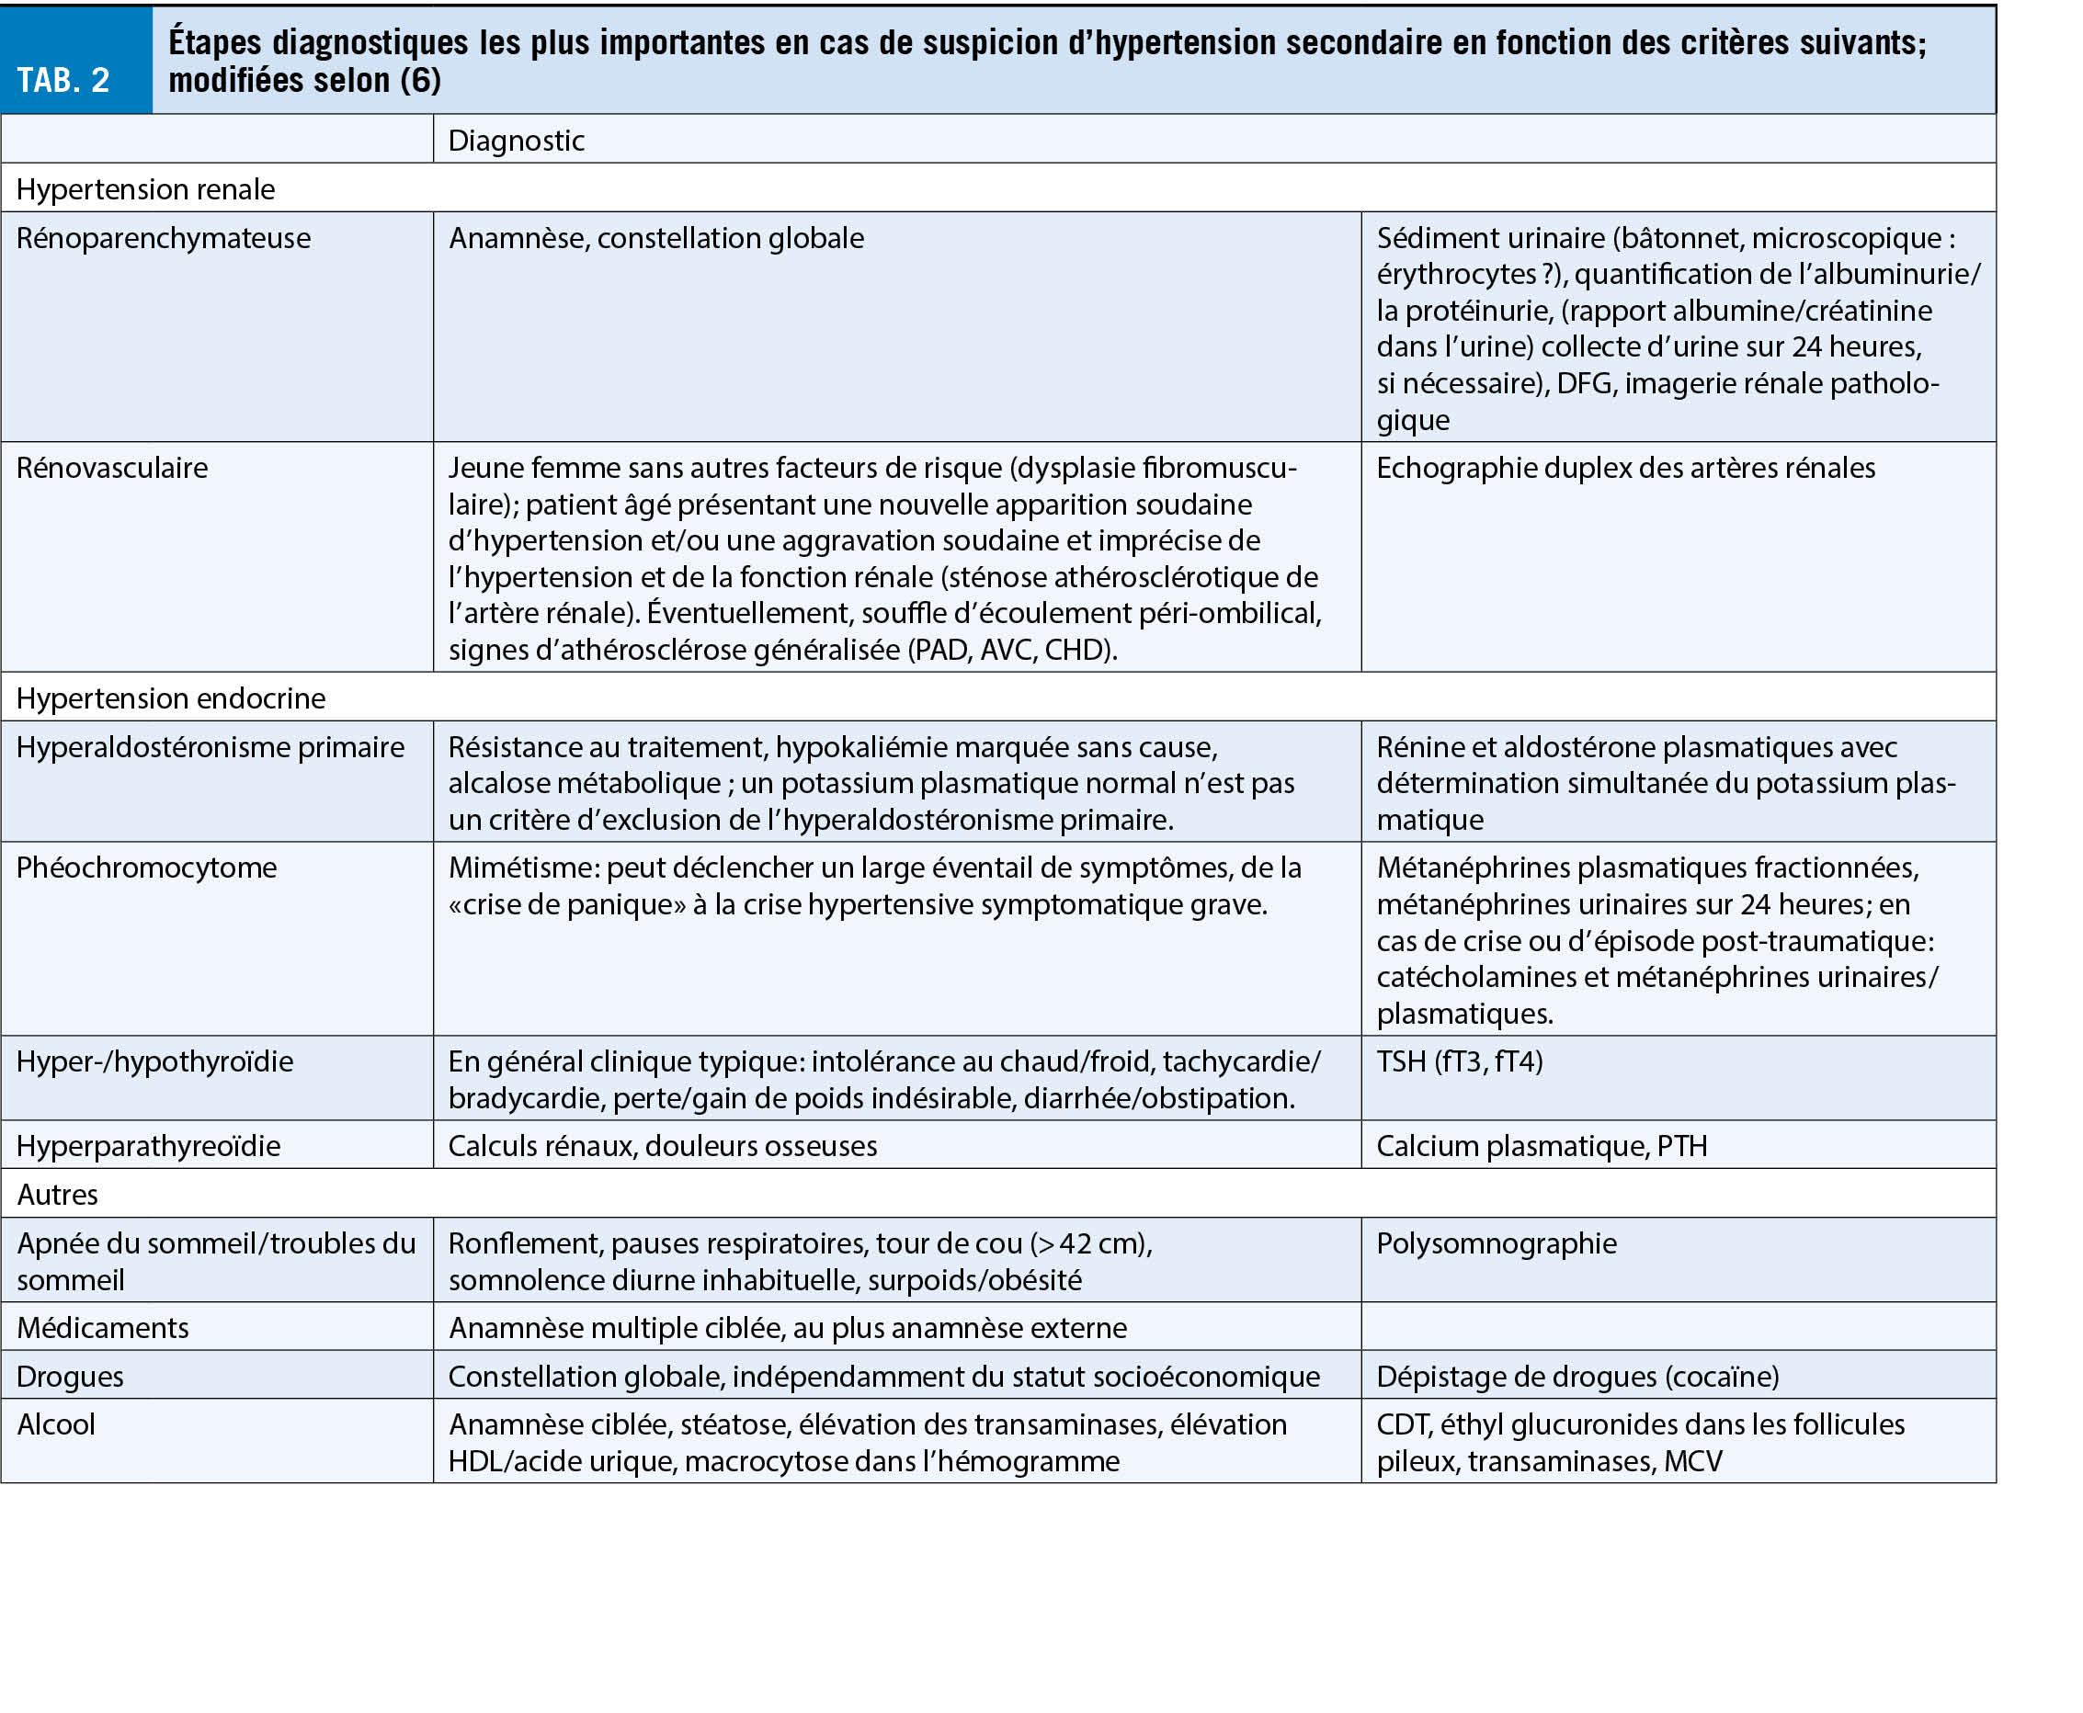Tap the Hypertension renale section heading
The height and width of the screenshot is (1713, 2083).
(x=146, y=189)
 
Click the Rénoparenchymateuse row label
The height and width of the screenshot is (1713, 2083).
(x=164, y=239)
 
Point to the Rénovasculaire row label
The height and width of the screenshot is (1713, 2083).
(x=112, y=468)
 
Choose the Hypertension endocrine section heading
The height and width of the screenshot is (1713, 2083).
(x=171, y=698)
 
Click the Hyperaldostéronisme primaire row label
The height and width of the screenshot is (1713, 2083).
(x=211, y=747)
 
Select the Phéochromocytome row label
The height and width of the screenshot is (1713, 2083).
(x=147, y=868)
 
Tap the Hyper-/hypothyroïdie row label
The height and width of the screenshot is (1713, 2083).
(x=155, y=1061)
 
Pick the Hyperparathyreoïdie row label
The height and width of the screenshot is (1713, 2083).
(x=149, y=1147)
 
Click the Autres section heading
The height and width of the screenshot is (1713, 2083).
(x=57, y=1195)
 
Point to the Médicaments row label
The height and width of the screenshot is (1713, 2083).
(x=103, y=1328)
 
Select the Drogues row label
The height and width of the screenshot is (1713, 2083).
(x=70, y=1377)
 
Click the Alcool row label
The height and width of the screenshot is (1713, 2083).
(x=56, y=1424)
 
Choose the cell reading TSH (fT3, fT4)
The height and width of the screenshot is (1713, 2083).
(x=1460, y=1061)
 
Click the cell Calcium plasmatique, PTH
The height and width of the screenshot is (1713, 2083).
(x=1542, y=1147)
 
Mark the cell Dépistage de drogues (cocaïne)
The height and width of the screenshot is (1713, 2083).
(x=1576, y=1377)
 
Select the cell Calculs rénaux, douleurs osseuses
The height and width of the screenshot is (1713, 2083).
(x=662, y=1147)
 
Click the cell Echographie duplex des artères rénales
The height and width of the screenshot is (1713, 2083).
(x=1625, y=468)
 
